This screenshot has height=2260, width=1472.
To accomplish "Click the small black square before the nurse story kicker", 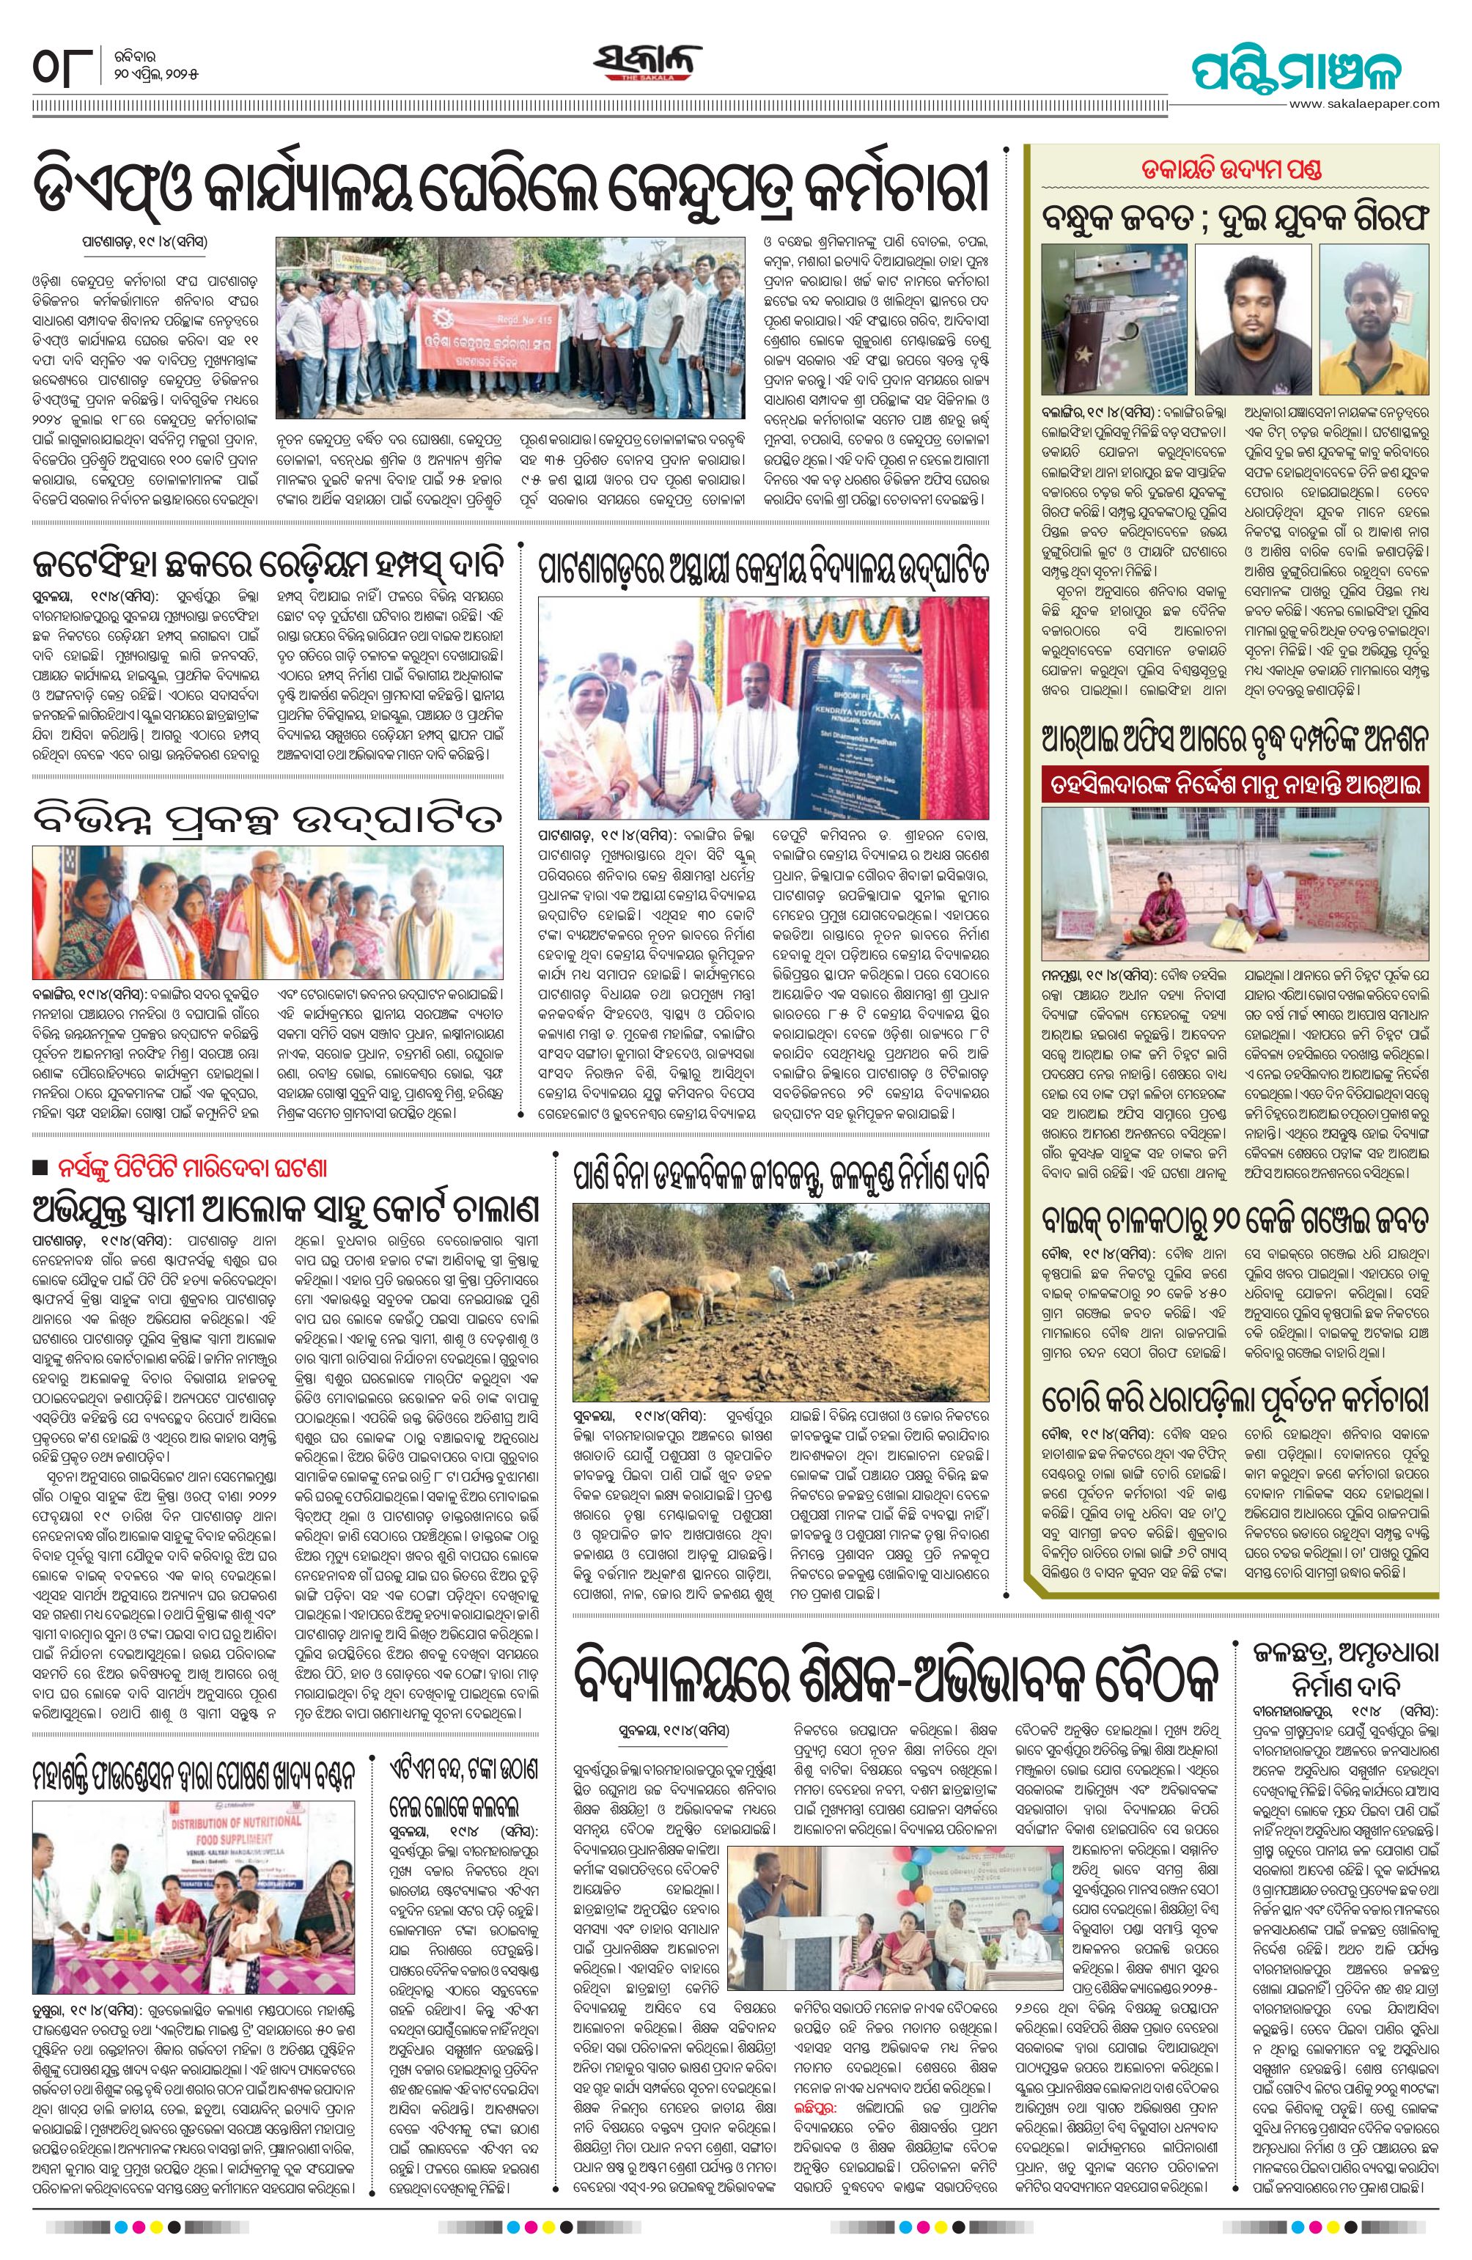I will [x=40, y=1167].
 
